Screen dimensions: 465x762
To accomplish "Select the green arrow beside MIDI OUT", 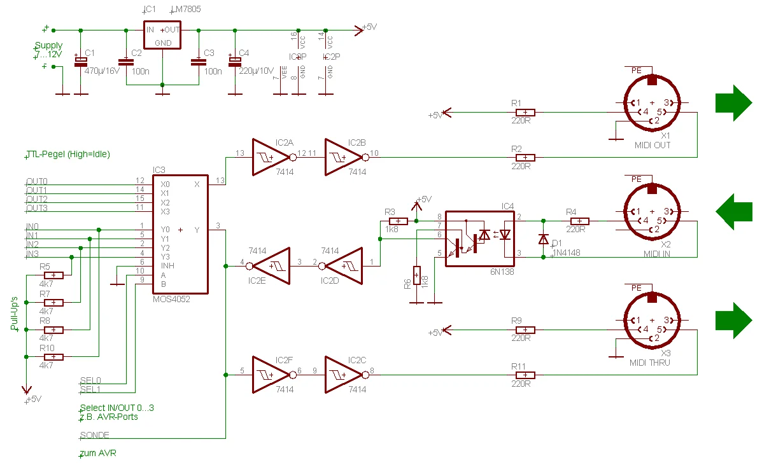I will click(733, 102).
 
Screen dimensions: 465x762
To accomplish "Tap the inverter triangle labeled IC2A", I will click(269, 157).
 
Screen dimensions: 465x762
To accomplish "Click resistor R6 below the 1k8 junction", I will click(416, 276).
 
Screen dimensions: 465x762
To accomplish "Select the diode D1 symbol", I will click(543, 239).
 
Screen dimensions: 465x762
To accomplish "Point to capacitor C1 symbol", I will click(81, 62).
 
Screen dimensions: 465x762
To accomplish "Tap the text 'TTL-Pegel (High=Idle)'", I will click(68, 154).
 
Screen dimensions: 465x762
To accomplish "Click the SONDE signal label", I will click(94, 436).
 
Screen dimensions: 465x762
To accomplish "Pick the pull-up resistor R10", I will click(53, 357).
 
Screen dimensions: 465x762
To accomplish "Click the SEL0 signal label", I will click(90, 380).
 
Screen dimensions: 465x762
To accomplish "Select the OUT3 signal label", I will click(37, 208).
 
